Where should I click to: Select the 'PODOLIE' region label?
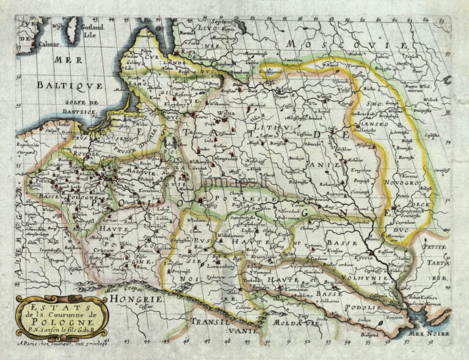click(362, 308)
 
